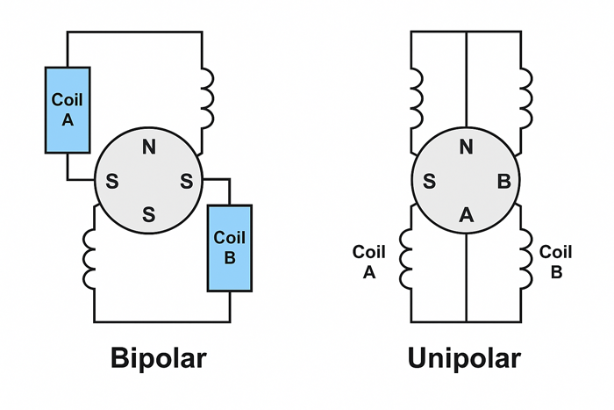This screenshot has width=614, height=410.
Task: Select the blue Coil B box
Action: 230,248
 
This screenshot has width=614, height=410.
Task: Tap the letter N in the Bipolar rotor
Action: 149,147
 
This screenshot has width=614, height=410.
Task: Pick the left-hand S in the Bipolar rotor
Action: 112,182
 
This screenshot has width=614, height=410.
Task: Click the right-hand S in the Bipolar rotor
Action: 186,182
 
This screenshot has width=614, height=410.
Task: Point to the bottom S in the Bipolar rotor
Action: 149,214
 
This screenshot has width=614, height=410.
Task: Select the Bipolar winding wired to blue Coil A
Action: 208,97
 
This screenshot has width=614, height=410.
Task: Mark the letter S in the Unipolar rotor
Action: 430,182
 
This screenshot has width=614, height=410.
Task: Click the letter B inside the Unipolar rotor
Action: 503,182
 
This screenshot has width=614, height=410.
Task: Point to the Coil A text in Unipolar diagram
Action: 369,262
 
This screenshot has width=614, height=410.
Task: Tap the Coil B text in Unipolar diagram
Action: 555,262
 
